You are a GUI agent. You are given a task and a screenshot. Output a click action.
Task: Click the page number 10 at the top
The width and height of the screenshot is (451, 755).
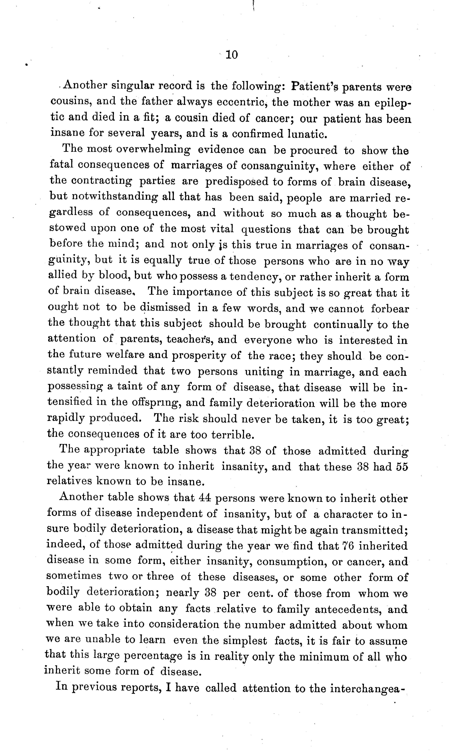(x=232, y=55)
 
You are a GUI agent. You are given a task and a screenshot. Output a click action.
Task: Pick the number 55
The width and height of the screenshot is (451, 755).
(x=402, y=467)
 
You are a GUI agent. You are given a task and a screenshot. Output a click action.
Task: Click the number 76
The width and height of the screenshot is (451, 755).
(x=347, y=546)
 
